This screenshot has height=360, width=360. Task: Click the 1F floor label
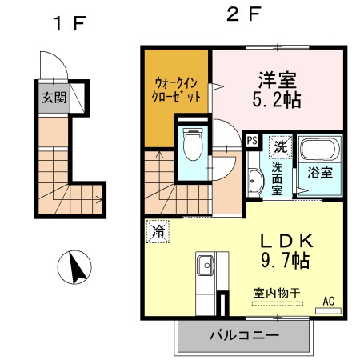click(69, 22)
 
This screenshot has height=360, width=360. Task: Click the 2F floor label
click(244, 14)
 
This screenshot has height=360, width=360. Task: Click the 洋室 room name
click(277, 80)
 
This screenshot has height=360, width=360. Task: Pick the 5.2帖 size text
click(277, 101)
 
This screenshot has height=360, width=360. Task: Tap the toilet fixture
click(192, 146)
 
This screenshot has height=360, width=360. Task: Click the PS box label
click(251, 142)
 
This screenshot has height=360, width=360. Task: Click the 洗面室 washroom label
click(276, 180)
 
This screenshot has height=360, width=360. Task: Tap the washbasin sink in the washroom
click(254, 181)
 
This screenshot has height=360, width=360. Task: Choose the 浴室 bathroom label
click(320, 172)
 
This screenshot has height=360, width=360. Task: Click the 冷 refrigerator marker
click(158, 233)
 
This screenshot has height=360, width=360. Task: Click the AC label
click(328, 302)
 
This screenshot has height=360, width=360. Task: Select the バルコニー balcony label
click(245, 335)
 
